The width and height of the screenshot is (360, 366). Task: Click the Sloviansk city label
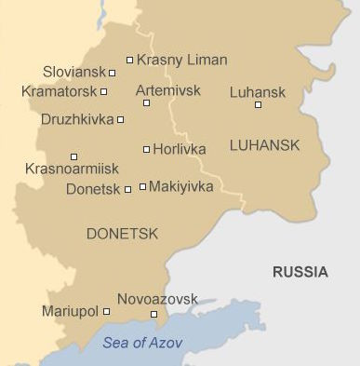point(74,72)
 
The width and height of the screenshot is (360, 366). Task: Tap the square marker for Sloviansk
point(113,73)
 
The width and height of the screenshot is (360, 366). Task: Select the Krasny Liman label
point(181,60)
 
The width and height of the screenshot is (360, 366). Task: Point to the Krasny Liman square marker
point(129,61)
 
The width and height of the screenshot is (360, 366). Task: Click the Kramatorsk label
point(59,91)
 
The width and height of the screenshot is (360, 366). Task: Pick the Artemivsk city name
point(167,90)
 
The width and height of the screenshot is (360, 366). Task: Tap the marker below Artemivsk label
point(146,102)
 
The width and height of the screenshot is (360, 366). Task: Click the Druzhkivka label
point(77,119)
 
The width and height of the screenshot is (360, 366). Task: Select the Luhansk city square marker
point(258,104)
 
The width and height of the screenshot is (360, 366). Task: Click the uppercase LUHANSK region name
point(264,144)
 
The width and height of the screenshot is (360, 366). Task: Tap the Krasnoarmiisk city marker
point(74,156)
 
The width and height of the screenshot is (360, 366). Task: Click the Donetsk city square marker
point(127,189)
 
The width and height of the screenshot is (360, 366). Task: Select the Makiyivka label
point(180,186)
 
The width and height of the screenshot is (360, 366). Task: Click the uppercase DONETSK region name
point(121,233)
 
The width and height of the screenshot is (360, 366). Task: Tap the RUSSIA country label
point(300,272)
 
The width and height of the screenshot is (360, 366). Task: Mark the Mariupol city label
point(70,311)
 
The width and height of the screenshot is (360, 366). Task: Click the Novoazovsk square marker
point(154,314)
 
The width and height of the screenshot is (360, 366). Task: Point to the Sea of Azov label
point(142,342)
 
